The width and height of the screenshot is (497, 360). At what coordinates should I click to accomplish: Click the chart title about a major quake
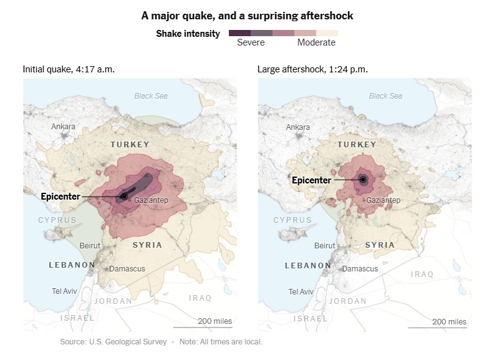[x=248, y=16]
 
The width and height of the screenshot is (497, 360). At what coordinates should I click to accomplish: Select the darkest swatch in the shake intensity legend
[x=239, y=33]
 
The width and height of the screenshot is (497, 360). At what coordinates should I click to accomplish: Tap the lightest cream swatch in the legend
[x=327, y=33]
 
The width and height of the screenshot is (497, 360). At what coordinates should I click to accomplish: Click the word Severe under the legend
[x=251, y=43]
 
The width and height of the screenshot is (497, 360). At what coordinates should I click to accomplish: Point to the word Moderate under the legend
[x=316, y=43]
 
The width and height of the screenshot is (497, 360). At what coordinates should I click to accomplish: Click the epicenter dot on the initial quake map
[x=124, y=197]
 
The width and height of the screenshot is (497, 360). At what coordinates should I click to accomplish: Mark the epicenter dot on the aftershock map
[x=362, y=180]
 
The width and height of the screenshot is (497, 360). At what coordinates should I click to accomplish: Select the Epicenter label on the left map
[x=60, y=197]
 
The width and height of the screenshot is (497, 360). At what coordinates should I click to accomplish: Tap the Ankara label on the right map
[x=297, y=127]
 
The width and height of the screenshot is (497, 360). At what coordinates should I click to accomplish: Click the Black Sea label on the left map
[x=151, y=96]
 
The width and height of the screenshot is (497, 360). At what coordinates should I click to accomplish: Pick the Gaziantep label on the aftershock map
[x=383, y=200]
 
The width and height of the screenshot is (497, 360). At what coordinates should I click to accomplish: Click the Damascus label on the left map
[x=127, y=269]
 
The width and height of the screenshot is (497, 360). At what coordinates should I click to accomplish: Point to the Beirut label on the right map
[x=325, y=246]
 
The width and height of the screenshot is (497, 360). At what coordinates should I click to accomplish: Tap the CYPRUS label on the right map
[x=292, y=220]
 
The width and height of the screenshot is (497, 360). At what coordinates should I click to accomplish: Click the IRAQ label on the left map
[x=200, y=298]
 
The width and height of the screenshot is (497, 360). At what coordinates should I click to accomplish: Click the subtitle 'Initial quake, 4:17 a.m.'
[x=69, y=69]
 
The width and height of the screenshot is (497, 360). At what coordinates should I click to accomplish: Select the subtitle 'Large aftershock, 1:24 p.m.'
[x=312, y=69]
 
